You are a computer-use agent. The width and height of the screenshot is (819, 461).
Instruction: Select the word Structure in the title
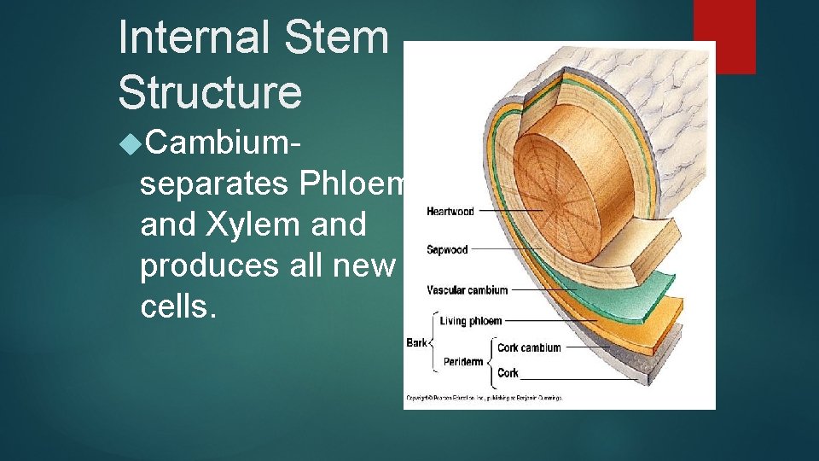pos(210,92)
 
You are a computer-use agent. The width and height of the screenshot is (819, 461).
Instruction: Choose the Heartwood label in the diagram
pos(450,211)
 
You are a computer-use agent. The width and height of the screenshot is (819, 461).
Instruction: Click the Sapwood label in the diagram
pos(447,250)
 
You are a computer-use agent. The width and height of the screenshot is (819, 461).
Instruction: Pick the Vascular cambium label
pos(467,290)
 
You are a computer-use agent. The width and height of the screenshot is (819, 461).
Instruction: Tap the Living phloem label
pos(470,321)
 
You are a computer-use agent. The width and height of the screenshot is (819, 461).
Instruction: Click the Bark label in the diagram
pos(416,342)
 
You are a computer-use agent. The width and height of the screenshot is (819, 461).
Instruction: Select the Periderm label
pos(463,362)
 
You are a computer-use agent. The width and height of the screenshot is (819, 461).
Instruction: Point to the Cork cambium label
pos(529,347)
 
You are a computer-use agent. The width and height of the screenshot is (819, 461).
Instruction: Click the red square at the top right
pos(724,36)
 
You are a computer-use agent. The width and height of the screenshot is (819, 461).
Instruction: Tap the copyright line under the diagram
pos(483,398)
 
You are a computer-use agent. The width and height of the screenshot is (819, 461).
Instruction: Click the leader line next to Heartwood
pos(509,210)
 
